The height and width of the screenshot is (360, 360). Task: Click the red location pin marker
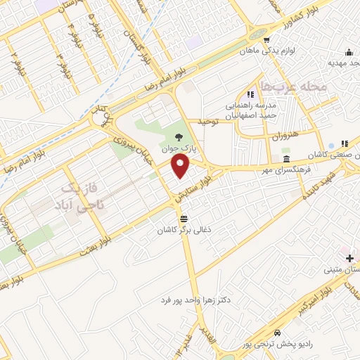(x=181, y=166)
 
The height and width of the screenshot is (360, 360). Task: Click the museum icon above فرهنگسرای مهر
(x=286, y=157)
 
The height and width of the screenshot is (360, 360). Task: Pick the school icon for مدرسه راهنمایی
(x=250, y=94)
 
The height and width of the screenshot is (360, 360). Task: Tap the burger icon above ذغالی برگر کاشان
(x=184, y=218)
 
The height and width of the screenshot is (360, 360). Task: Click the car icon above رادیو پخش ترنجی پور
(x=278, y=332)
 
